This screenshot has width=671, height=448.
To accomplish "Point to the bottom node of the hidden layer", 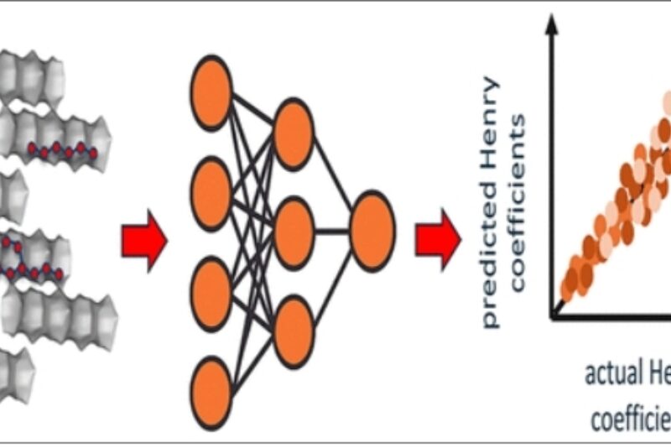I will [x=294, y=332].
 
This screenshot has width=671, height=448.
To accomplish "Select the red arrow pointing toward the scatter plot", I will [x=438, y=239].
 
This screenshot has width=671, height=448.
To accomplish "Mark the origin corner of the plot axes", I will [x=553, y=317].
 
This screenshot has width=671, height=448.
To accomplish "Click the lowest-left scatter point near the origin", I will [x=568, y=289].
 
